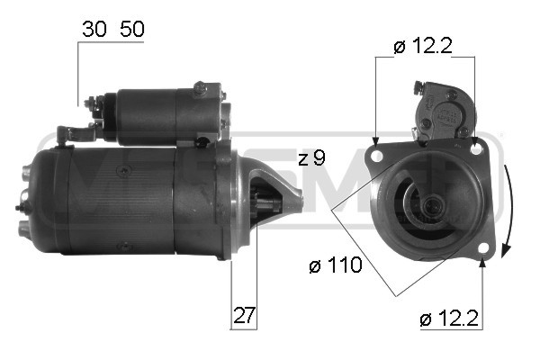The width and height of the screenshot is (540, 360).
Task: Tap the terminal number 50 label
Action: tap(130, 29)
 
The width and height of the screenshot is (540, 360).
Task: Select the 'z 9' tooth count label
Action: tap(310, 158)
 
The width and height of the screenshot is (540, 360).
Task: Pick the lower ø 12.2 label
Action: tap(448, 318)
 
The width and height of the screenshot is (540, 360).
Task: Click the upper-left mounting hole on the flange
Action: tap(376, 154)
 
